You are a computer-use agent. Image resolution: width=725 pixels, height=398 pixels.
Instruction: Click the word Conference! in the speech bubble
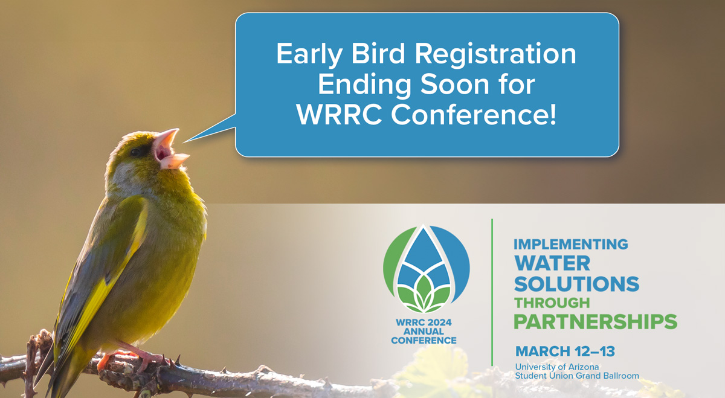(474, 115)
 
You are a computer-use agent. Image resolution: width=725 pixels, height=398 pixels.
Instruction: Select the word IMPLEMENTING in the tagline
(571, 245)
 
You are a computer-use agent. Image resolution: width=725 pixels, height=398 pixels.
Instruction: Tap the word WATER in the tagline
(552, 263)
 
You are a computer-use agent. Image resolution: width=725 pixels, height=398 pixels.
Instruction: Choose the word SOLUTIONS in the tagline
(576, 283)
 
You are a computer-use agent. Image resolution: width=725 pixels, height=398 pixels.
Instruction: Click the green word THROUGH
(552, 303)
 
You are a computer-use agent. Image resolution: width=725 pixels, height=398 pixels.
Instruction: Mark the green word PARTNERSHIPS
(595, 321)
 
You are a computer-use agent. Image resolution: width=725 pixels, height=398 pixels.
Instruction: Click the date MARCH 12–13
(565, 351)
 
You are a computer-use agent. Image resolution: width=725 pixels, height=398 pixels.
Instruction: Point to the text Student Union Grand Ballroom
(577, 376)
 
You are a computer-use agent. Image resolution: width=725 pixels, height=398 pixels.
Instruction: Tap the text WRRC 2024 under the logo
(424, 322)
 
